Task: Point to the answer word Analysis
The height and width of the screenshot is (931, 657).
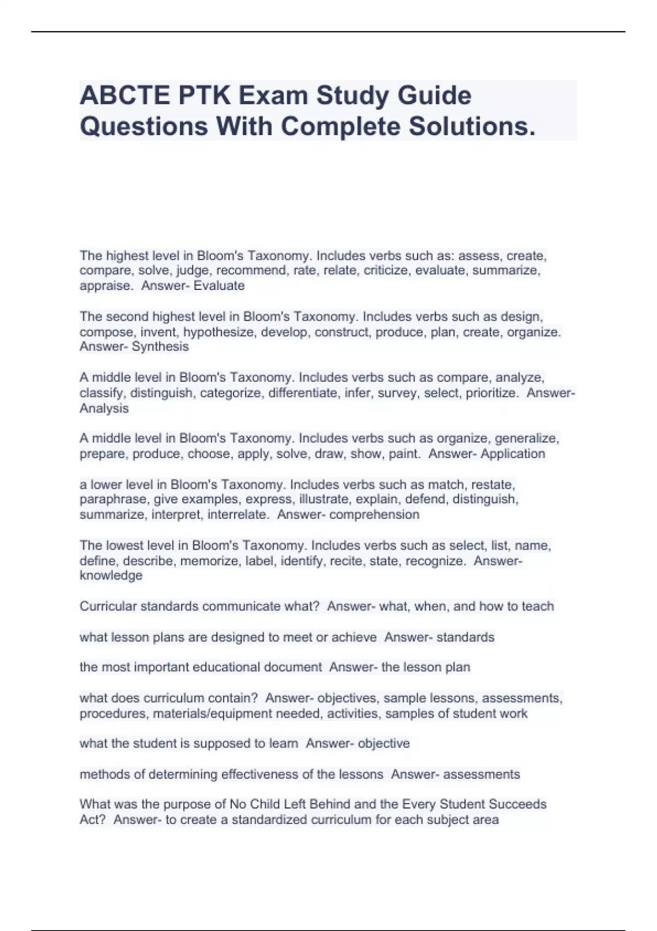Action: click(x=104, y=409)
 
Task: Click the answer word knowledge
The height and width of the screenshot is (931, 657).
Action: click(x=111, y=576)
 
